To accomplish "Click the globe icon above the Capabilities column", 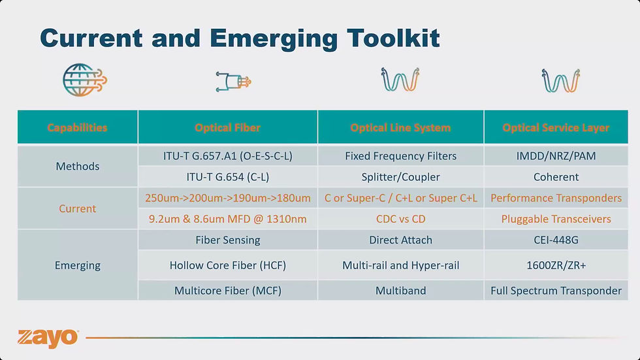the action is pyautogui.click(x=84, y=80).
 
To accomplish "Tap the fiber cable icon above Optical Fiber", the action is pyautogui.click(x=233, y=81).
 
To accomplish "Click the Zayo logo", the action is pyautogui.click(x=48, y=338).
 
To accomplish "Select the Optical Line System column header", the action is pyautogui.click(x=400, y=127).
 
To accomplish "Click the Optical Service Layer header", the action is pyautogui.click(x=556, y=127).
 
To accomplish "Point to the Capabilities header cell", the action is pyautogui.click(x=77, y=127).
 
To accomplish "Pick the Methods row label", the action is pyautogui.click(x=78, y=166).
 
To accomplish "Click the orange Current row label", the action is pyautogui.click(x=78, y=208).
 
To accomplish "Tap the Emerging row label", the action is pyautogui.click(x=78, y=265).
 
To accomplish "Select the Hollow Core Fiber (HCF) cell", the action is pyautogui.click(x=228, y=265).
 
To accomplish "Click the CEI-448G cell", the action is pyautogui.click(x=556, y=240).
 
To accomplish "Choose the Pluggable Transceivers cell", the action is pyautogui.click(x=556, y=219).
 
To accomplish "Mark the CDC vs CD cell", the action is pyautogui.click(x=400, y=219).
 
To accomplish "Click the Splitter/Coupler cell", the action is pyautogui.click(x=400, y=177).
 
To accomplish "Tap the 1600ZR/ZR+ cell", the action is pyautogui.click(x=556, y=265).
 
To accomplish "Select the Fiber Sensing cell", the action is pyautogui.click(x=228, y=240).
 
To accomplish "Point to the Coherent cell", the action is pyautogui.click(x=556, y=177).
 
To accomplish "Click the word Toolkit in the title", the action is pyautogui.click(x=393, y=39).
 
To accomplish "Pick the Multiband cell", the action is pyautogui.click(x=400, y=291).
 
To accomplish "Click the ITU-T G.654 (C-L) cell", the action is pyautogui.click(x=228, y=177).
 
